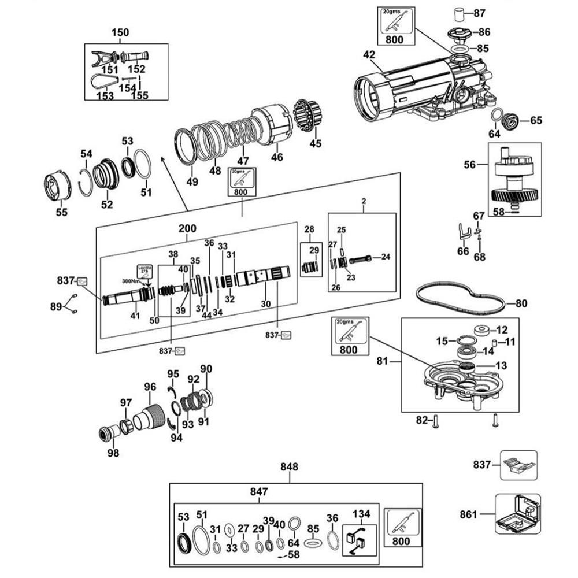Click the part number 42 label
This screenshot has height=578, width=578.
point(369,55)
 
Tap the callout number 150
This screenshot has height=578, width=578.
point(120,32)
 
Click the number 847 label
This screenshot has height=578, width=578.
point(258,492)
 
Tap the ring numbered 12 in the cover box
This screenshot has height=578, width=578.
point(481,330)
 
